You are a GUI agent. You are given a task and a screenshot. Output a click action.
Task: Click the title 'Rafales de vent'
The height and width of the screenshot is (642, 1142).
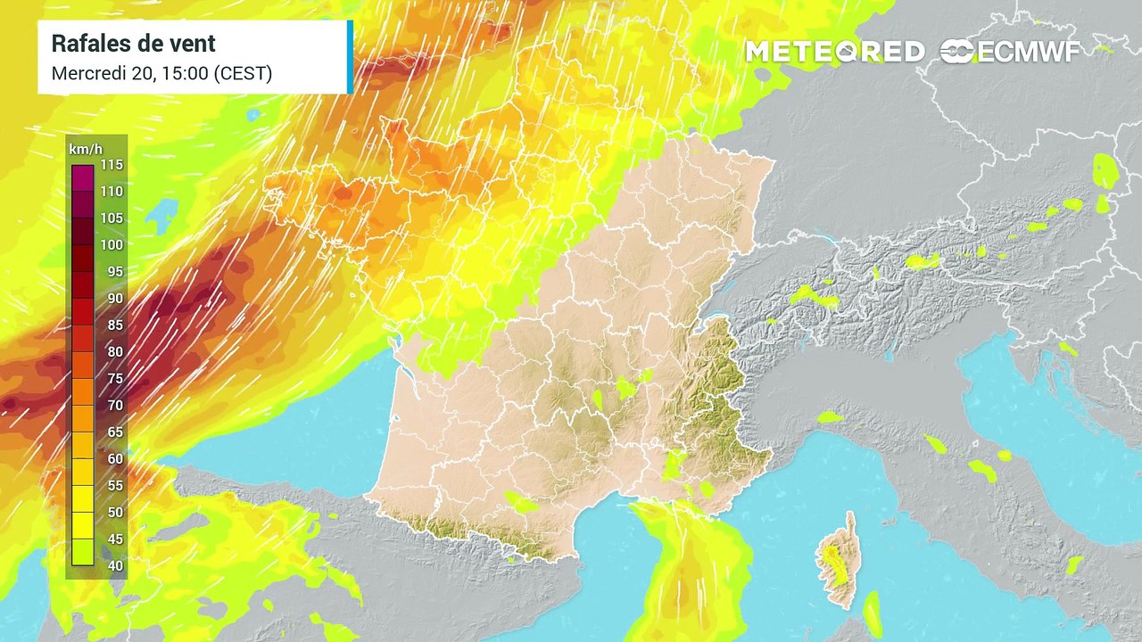point(134,44)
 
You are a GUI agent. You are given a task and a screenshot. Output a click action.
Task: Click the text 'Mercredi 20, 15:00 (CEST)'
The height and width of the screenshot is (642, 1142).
point(161,73)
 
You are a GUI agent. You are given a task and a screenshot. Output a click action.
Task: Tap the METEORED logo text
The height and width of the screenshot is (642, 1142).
point(835,52)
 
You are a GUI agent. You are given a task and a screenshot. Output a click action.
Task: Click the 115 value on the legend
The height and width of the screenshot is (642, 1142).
point(112,165)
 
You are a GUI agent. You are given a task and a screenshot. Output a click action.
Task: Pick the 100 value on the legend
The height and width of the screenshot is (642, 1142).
point(112,245)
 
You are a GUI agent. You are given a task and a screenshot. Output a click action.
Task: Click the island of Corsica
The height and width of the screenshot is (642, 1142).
point(836,562)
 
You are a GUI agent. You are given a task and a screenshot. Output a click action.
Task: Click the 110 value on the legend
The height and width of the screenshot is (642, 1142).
point(112,192)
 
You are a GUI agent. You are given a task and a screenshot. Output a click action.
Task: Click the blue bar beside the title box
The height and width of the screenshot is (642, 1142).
point(350,57)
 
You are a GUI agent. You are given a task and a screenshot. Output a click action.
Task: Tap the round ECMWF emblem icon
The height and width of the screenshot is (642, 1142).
point(958,52)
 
